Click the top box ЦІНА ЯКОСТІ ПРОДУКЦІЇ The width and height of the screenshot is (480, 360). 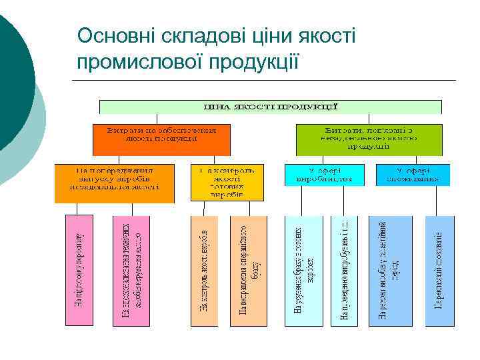tap(270, 107)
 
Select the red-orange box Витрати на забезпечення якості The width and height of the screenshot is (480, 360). tap(161, 139)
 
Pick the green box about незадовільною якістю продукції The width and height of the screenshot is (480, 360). tap(369, 139)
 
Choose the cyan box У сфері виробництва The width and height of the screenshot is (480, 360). tap(325, 174)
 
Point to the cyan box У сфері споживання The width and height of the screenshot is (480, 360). tap(413, 174)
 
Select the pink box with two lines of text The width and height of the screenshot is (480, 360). tap(130, 270)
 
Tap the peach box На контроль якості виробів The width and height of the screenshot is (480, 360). tap(205, 270)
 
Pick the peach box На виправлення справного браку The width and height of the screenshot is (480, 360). tap(248, 270)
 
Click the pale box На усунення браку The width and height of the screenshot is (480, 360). tap(303, 270)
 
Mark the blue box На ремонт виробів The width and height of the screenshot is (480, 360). tap(390, 270)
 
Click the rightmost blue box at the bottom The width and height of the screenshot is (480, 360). tap(439, 270)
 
